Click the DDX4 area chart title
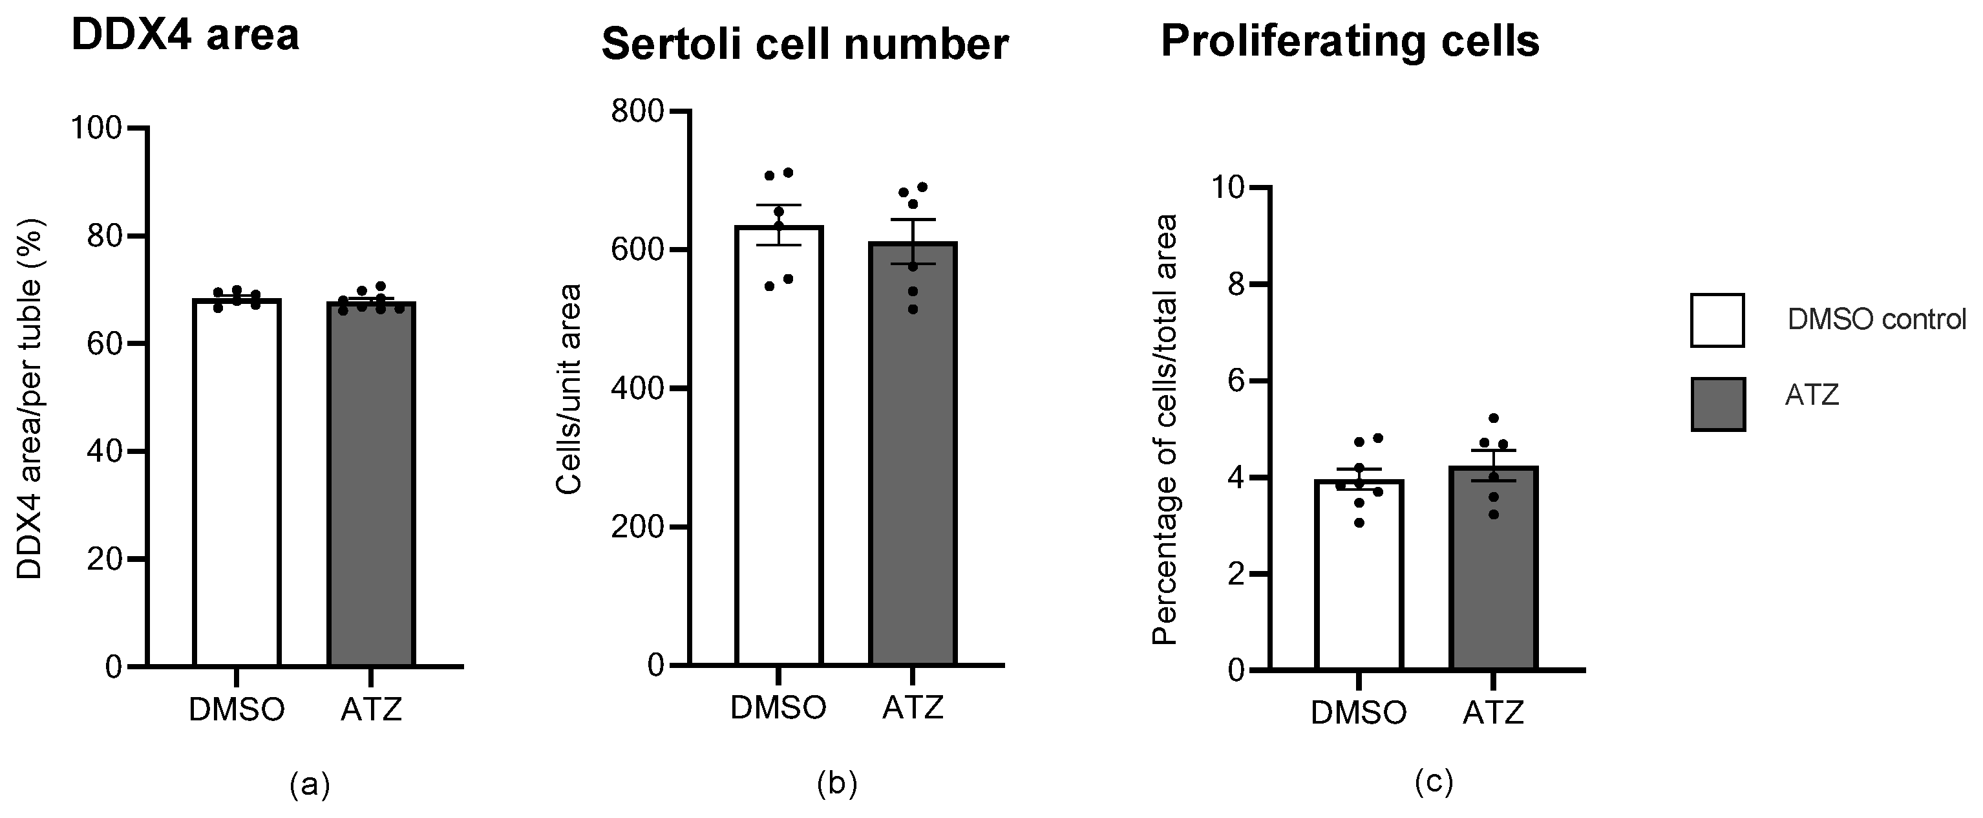click(x=185, y=36)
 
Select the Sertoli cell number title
click(x=805, y=44)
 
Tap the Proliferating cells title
click(x=1350, y=41)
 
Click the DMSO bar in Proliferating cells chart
click(x=1359, y=577)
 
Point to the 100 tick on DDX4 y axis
click(x=96, y=128)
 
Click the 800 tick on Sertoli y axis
click(x=637, y=112)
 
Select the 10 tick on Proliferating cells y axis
click(x=1229, y=187)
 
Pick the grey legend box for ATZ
click(x=1717, y=404)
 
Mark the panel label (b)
click(x=837, y=783)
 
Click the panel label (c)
click(x=1434, y=782)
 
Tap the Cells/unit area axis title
click(x=569, y=389)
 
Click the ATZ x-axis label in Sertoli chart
click(x=913, y=707)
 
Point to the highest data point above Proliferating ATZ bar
click(x=1494, y=418)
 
